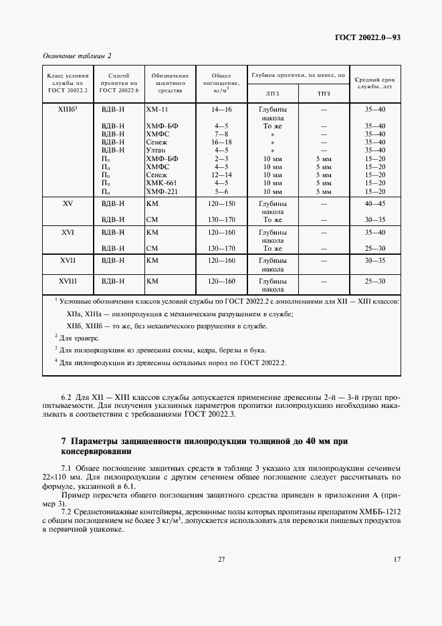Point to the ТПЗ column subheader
[x=324, y=94]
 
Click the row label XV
[x=68, y=203]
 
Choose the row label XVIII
[x=68, y=282]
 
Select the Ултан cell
[x=156, y=150]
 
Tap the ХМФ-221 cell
[x=160, y=191]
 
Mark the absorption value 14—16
[x=221, y=108]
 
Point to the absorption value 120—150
[x=221, y=203]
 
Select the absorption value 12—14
[x=221, y=175]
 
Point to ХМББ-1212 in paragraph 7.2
[x=375, y=510]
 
